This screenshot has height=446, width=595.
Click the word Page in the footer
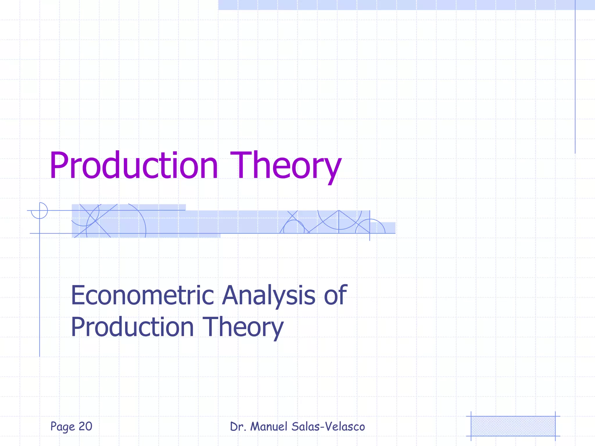pos(62,427)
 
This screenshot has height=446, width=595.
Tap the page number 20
pos(85,426)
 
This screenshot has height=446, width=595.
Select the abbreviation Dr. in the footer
pos(238,427)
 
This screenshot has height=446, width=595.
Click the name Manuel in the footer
pos(269,427)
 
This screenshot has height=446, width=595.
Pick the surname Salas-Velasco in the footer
pos(328,427)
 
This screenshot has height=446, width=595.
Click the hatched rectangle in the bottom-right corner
pos(513,426)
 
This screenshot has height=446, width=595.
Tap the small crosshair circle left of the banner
pos(40,211)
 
